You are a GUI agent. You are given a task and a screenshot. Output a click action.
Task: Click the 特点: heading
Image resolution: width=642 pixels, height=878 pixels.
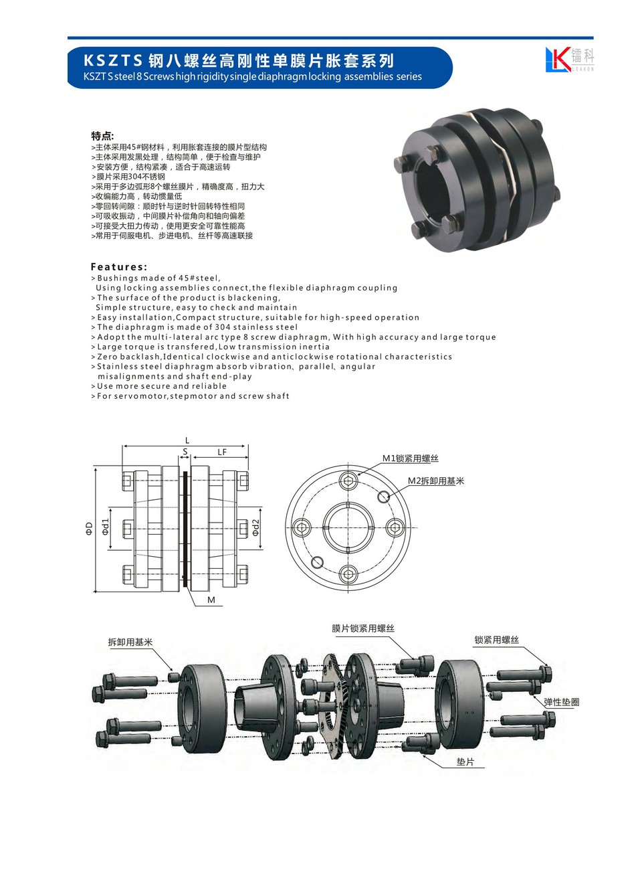tap(102, 136)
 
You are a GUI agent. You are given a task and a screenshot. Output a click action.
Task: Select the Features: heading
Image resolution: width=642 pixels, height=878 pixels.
tap(119, 267)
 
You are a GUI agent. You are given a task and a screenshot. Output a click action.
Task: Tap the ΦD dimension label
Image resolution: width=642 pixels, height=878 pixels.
tap(90, 529)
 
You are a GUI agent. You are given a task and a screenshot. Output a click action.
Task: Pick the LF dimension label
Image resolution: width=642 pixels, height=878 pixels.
tap(222, 452)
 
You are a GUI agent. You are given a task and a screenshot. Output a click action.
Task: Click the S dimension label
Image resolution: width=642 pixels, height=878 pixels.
tap(185, 452)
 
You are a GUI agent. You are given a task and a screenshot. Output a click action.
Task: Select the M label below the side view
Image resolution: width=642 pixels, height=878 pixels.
tap(211, 600)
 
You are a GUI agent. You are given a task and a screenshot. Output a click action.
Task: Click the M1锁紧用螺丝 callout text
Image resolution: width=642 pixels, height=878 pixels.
tap(410, 458)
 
